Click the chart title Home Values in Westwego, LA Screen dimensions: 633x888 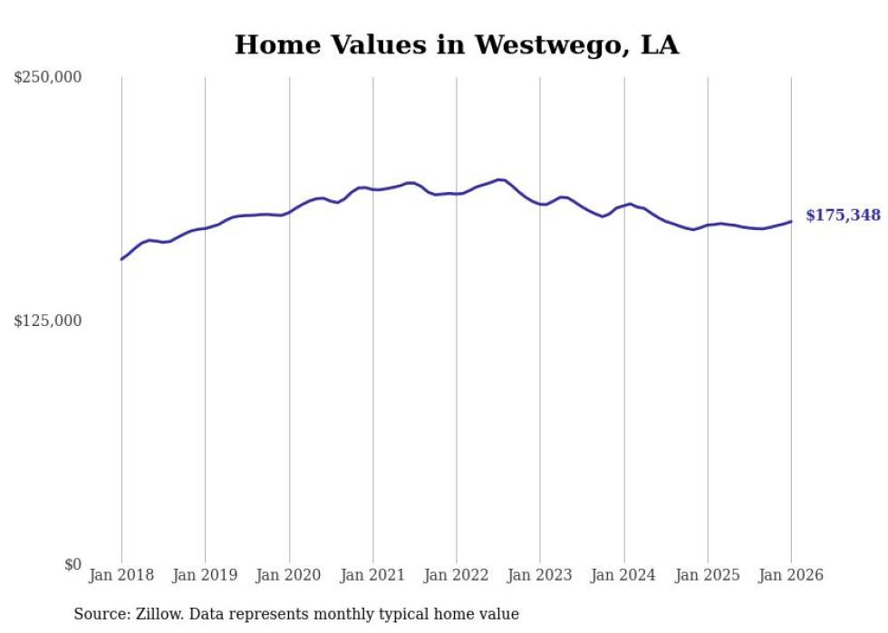[x=457, y=44]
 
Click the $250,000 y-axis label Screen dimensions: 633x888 [x=48, y=78]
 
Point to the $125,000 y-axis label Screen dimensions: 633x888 [x=48, y=321]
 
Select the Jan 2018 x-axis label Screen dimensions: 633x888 [x=121, y=575]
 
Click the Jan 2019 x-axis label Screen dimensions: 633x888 [x=205, y=575]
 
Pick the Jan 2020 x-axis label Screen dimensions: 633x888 [x=289, y=575]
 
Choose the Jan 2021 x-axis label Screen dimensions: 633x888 [x=372, y=575]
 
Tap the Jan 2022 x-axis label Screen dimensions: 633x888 [x=456, y=575]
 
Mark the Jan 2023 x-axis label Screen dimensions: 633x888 [x=540, y=575]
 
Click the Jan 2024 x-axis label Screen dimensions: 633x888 [x=623, y=575]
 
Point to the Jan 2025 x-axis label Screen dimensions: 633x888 [x=708, y=575]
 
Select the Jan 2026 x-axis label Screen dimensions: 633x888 [x=791, y=575]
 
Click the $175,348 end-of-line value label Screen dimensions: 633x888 [x=843, y=216]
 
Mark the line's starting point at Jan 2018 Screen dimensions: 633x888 [x=121, y=259]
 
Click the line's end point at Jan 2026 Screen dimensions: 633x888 [x=791, y=221]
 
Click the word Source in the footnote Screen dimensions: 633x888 [x=99, y=614]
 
